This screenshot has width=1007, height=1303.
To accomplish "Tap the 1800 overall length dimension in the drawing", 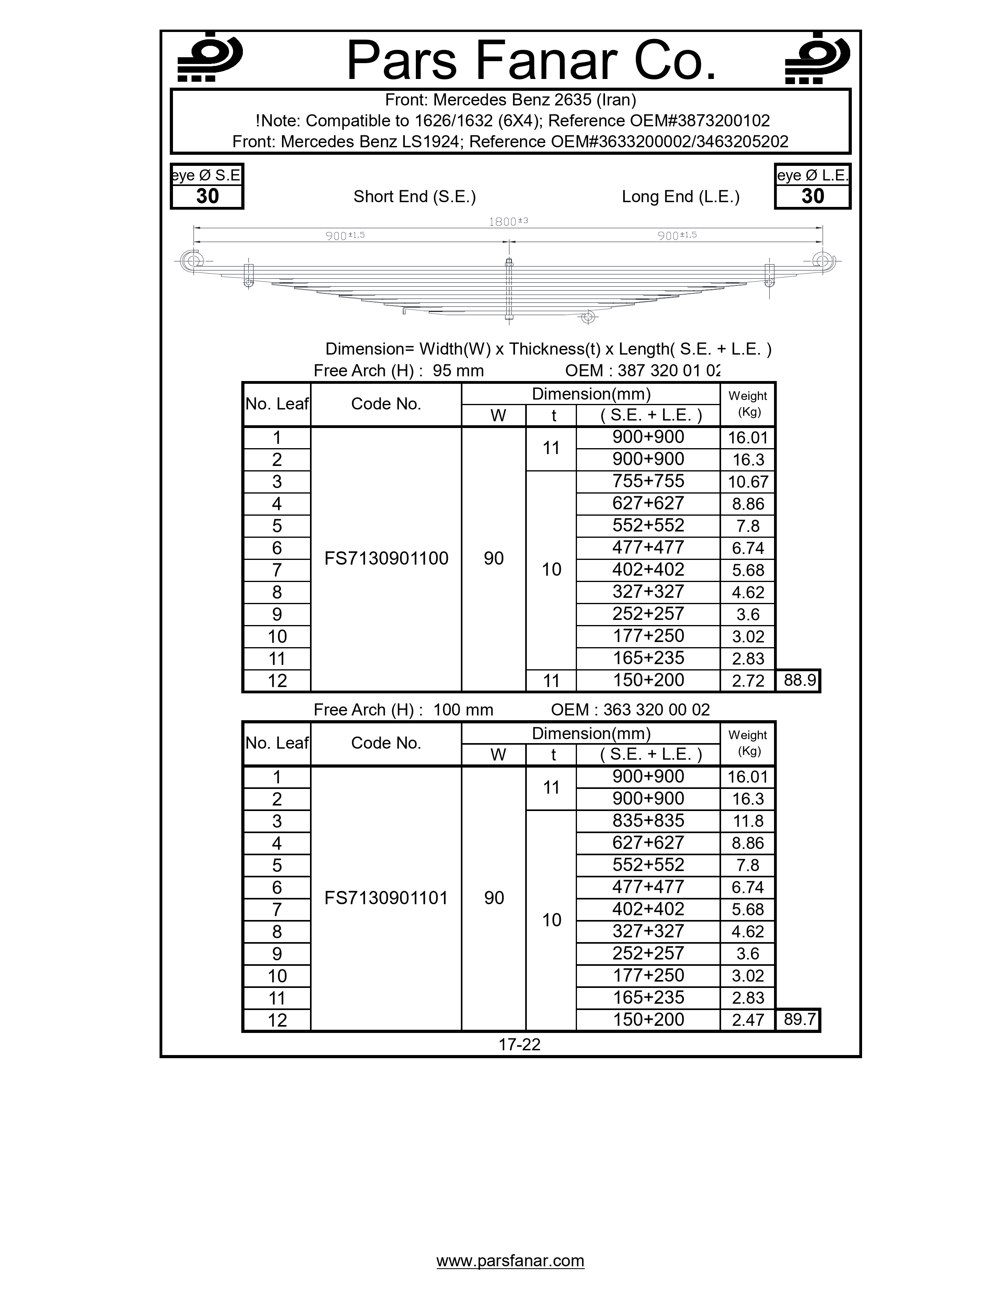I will (508, 222).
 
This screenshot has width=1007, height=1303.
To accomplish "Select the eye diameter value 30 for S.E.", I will (207, 196).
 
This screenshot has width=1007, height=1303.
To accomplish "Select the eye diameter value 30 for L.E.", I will (813, 196).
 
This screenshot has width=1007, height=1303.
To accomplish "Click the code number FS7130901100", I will (386, 558).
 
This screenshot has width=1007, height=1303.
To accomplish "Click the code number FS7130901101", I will (386, 898).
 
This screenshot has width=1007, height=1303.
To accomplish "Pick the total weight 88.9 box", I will (799, 680).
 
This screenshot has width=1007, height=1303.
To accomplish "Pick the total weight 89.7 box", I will (799, 1019).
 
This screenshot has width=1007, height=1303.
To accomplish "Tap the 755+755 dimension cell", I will (648, 481).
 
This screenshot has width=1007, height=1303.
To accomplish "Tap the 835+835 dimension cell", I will (648, 820).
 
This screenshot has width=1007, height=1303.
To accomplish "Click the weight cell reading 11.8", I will (748, 821).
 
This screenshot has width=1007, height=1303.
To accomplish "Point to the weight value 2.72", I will (748, 681).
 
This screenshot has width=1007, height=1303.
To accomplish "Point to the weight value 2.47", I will (748, 1019).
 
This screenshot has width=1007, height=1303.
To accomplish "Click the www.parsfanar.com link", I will (510, 1261).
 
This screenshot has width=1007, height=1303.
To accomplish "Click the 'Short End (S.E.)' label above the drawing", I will (415, 197).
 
